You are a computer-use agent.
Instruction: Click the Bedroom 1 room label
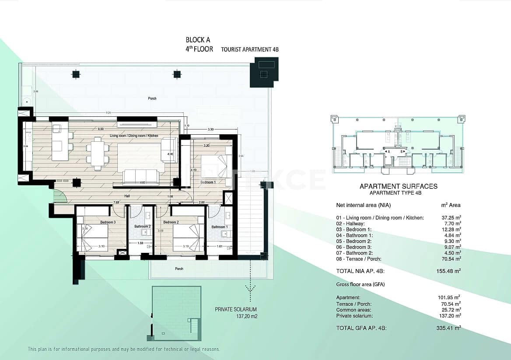coord(208,182)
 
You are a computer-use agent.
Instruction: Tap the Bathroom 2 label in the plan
coord(143,227)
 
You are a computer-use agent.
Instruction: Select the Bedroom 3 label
coord(108,222)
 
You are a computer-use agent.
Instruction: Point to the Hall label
coord(127,196)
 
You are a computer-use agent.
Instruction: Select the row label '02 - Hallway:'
coord(351,224)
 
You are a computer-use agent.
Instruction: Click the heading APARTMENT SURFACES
coord(398,186)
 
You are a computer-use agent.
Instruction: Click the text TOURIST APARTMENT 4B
coord(250,50)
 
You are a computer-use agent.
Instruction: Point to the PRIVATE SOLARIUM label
coord(236,309)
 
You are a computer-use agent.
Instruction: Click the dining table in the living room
coord(98,154)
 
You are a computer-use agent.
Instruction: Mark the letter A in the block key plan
coord(388,150)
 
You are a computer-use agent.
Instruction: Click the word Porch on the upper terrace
coord(152,98)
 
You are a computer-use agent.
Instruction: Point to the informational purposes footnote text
coord(124,349)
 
